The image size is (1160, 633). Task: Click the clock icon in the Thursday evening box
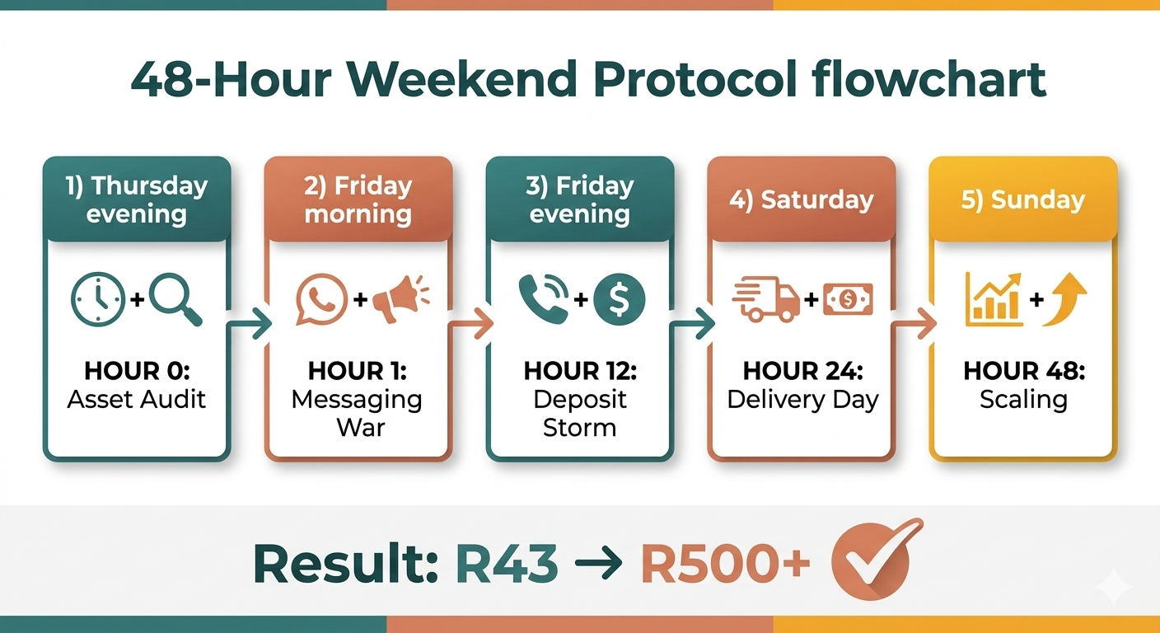[99, 299]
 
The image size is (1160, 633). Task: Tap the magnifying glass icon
[175, 299]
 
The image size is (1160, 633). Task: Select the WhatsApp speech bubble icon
[321, 299]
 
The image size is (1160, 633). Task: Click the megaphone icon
[399, 299]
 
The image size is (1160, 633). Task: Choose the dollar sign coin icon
[620, 299]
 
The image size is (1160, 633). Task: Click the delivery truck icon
[765, 299]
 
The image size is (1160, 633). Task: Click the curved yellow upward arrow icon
[1064, 299]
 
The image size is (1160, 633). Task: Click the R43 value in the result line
[506, 564]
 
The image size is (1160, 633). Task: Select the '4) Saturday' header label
[801, 200]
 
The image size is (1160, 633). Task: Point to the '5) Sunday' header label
[1022, 200]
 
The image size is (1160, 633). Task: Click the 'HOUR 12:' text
[580, 371]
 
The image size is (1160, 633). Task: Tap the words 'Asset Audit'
[137, 400]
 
